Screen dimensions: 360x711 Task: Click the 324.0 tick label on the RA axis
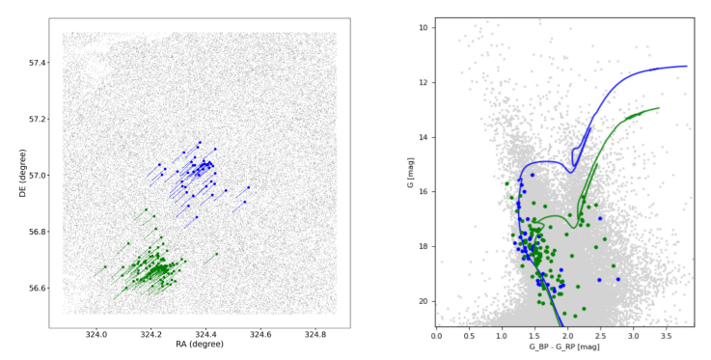[x=96, y=335]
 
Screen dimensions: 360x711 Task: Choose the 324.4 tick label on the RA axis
[x=205, y=335]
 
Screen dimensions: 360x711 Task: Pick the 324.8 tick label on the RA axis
[x=314, y=335]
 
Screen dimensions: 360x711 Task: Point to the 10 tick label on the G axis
[x=424, y=28]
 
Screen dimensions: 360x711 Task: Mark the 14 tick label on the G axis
[x=424, y=137]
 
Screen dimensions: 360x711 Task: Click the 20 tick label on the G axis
[x=424, y=301]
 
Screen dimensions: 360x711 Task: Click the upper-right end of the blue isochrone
[x=687, y=66]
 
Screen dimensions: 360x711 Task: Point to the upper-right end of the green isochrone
[x=659, y=108]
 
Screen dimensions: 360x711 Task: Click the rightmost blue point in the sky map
[x=249, y=187]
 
